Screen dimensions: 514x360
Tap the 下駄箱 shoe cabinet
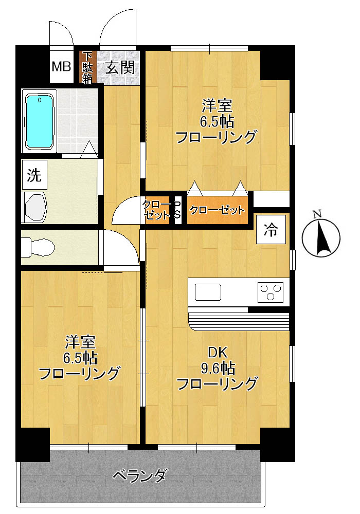click(x=88, y=67)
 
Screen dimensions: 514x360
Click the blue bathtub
click(x=40, y=121)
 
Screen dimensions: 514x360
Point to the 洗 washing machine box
click(x=34, y=176)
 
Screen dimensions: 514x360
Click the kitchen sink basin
click(x=208, y=292)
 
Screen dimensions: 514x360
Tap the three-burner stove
click(x=271, y=292)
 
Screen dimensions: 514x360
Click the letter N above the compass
click(x=318, y=214)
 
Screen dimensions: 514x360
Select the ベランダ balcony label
click(x=139, y=475)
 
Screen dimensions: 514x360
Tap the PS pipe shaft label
click(x=177, y=210)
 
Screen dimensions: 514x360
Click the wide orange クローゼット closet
click(x=217, y=210)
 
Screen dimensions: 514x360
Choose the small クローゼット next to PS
click(x=156, y=210)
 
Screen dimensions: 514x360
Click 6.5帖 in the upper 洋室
click(x=217, y=122)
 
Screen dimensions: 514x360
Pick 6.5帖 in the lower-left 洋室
click(x=80, y=358)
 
